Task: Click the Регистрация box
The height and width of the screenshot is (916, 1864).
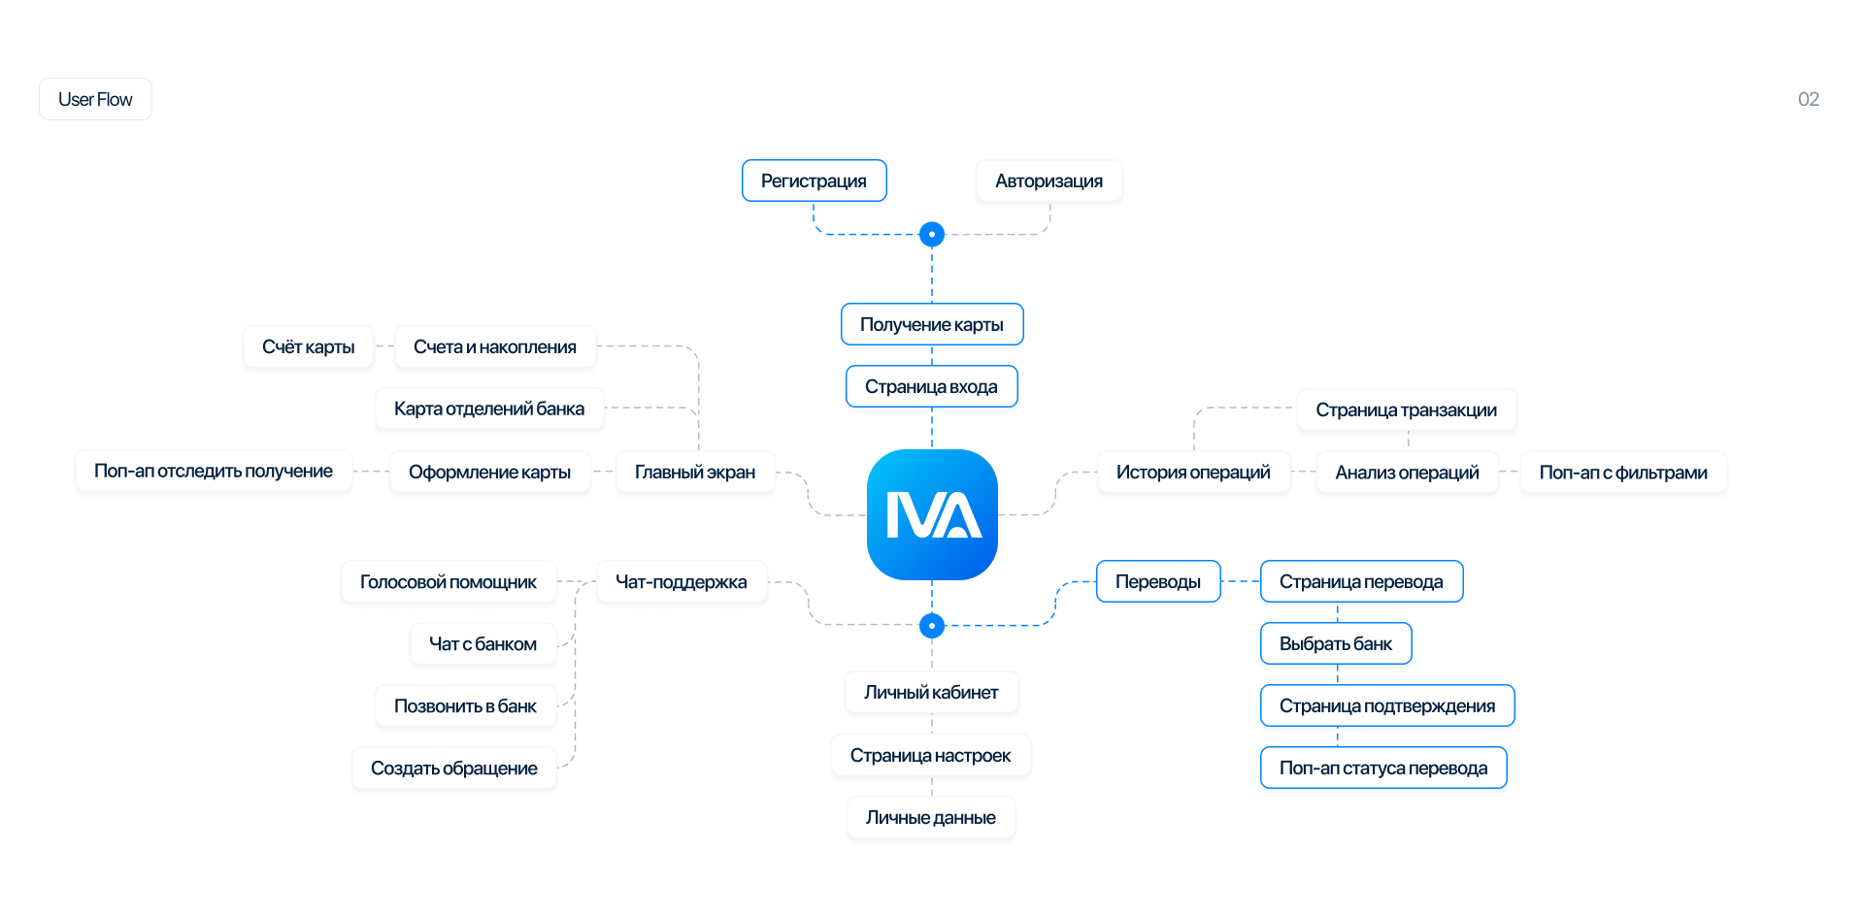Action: click(814, 180)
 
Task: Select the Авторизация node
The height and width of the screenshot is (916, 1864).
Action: click(1048, 180)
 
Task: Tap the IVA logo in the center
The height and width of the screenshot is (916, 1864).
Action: click(932, 514)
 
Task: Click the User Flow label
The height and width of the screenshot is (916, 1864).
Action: click(95, 99)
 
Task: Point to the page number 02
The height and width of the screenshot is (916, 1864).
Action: click(1808, 99)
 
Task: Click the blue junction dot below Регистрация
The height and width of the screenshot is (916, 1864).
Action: click(932, 234)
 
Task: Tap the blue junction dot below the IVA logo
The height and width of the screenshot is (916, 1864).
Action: click(932, 626)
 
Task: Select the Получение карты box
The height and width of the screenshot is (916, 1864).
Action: click(932, 324)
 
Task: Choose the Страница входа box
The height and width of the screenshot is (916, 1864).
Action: click(932, 386)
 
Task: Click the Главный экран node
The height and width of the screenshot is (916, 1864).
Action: click(695, 472)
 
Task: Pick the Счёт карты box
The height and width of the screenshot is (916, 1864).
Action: click(309, 346)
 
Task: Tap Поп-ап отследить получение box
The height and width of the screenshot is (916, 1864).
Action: click(214, 471)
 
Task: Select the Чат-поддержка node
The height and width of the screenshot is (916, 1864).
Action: click(682, 581)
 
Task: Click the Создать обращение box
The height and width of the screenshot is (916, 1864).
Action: click(454, 768)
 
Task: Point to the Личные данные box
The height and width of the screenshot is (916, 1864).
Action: click(931, 817)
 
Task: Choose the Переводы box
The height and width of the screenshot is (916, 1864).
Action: click(1158, 581)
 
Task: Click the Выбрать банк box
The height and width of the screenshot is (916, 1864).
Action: click(1336, 643)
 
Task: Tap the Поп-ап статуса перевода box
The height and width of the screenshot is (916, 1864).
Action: click(1383, 768)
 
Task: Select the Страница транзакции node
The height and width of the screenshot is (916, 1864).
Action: click(1407, 409)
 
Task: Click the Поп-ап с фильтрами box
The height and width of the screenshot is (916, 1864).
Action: click(1623, 472)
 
